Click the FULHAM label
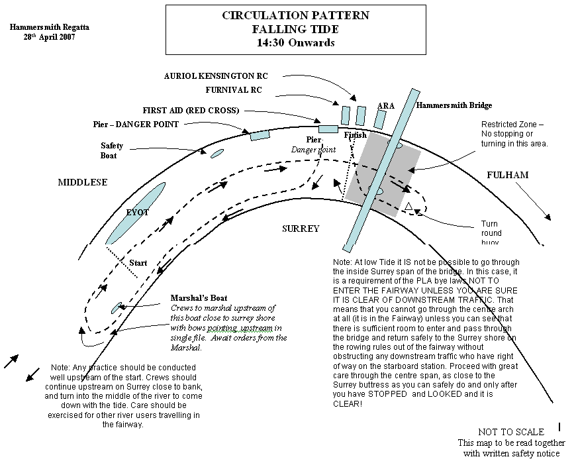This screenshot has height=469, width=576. pyautogui.click(x=508, y=175)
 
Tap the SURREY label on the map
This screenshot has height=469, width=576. pyautogui.click(x=301, y=229)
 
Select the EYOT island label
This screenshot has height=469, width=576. pyautogui.click(x=138, y=213)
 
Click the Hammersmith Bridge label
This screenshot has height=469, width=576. pyautogui.click(x=454, y=105)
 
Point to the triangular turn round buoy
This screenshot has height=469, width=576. pyautogui.click(x=409, y=209)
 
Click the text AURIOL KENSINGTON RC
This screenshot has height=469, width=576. pyautogui.click(x=216, y=76)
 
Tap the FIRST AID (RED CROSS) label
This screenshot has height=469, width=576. pyautogui.click(x=190, y=110)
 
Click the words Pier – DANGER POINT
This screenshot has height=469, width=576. pyautogui.click(x=136, y=124)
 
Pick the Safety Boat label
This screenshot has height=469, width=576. pyautogui.click(x=109, y=150)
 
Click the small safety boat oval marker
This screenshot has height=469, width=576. pyautogui.click(x=217, y=154)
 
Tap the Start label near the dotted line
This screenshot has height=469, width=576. pyautogui.click(x=138, y=263)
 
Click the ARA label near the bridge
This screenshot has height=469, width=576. pyautogui.click(x=385, y=106)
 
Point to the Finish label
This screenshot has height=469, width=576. pyautogui.click(x=356, y=136)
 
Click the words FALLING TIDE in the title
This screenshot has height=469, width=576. pyautogui.click(x=295, y=29)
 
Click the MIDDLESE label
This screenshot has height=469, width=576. pyautogui.click(x=82, y=182)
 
